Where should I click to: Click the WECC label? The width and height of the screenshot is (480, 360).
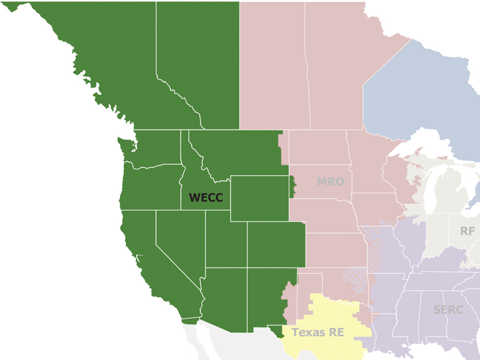pyautogui.click(x=206, y=198)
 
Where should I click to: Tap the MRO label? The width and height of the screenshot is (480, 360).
pyautogui.click(x=330, y=182)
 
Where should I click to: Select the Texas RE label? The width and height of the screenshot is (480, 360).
pyautogui.click(x=317, y=333)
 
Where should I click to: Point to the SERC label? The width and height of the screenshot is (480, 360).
pyautogui.click(x=448, y=309)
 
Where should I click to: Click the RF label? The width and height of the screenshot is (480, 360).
pyautogui.click(x=467, y=231)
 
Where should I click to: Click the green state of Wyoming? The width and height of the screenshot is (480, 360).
pyautogui.click(x=259, y=198)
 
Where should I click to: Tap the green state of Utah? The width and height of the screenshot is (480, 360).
pyautogui.click(x=225, y=241)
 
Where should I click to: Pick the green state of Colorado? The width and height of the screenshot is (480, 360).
pyautogui.click(x=275, y=244)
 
